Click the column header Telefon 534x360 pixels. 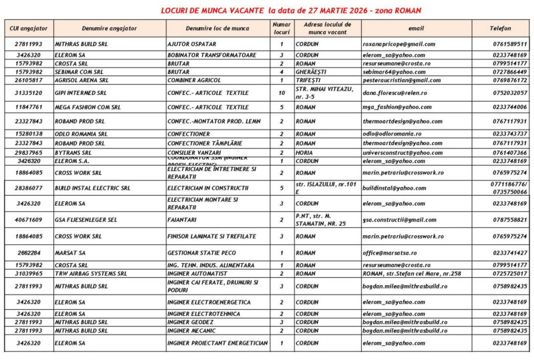click(x=501, y=29)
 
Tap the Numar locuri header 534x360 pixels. click(x=281, y=28)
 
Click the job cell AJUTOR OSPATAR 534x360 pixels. click(x=189, y=44)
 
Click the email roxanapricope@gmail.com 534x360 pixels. click(x=398, y=44)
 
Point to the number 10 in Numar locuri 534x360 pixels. click(x=281, y=93)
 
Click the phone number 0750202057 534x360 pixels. click(x=509, y=93)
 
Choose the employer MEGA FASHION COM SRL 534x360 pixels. click(x=88, y=107)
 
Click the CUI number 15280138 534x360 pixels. click(x=27, y=134)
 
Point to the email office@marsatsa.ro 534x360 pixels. click(x=389, y=253)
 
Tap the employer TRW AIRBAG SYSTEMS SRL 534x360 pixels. click(x=91, y=274)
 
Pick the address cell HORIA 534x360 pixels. click(x=304, y=152)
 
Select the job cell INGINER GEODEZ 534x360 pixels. click(x=192, y=322)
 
